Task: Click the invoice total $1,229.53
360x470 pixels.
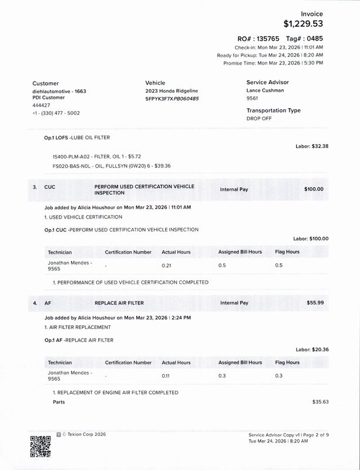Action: click(x=303, y=24)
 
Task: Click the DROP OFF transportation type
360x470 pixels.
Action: click(x=260, y=118)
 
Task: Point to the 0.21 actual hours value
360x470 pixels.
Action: click(x=167, y=265)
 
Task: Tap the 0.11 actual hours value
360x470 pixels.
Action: click(x=167, y=374)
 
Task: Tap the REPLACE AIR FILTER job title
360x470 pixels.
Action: click(x=119, y=303)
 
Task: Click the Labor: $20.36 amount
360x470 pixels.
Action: click(x=312, y=349)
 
